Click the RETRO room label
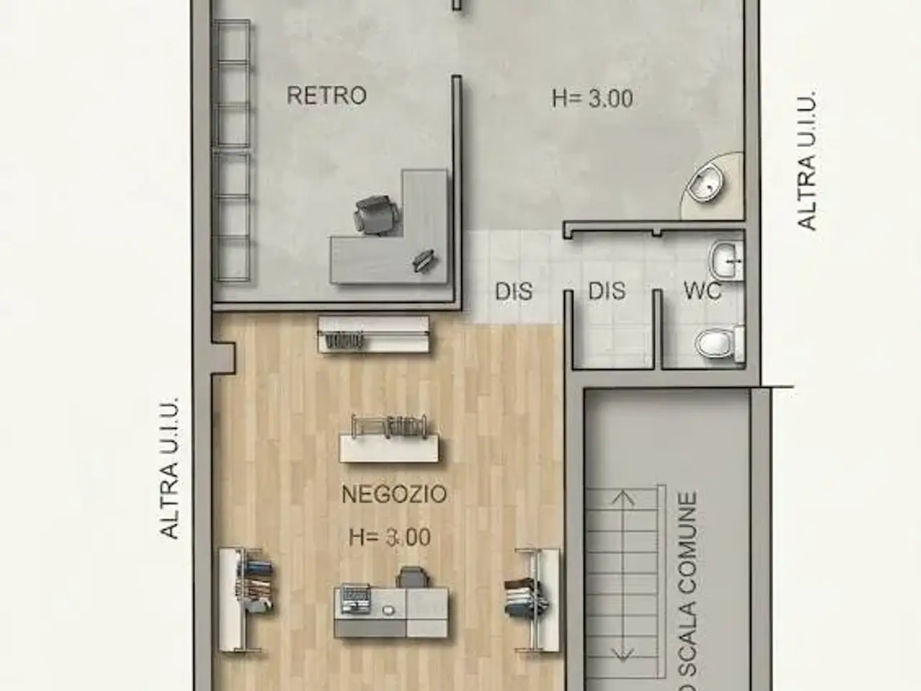pyautogui.click(x=327, y=95)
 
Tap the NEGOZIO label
pyautogui.click(x=394, y=494)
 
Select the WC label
pyautogui.click(x=703, y=290)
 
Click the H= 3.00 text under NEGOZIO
pyautogui.click(x=390, y=538)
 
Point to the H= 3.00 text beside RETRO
pyautogui.click(x=592, y=99)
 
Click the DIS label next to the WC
pyautogui.click(x=607, y=291)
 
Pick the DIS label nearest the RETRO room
pyautogui.click(x=514, y=292)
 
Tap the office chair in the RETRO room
pyautogui.click(x=376, y=216)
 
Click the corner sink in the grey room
pyautogui.click(x=708, y=184)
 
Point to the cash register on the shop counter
pyautogui.click(x=355, y=598)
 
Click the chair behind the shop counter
pyautogui.click(x=412, y=577)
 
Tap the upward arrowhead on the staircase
pyautogui.click(x=624, y=497)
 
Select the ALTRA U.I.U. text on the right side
pyautogui.click(x=807, y=160)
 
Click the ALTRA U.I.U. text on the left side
pyautogui.click(x=169, y=468)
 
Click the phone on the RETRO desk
pyautogui.click(x=424, y=260)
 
